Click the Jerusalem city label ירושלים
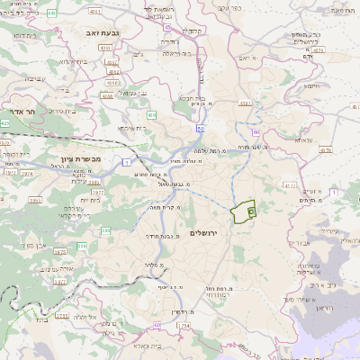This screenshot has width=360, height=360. [204, 233]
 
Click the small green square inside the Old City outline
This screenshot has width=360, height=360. [250, 211]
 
